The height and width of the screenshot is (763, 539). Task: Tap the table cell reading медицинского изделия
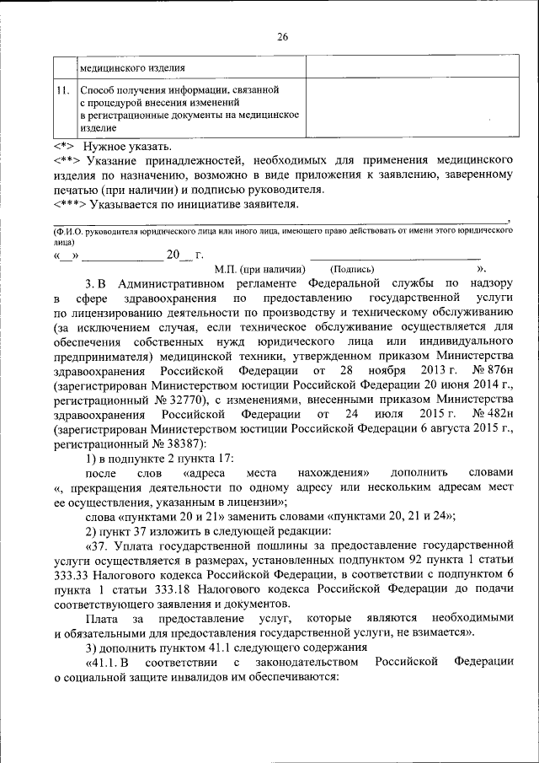click(x=133, y=67)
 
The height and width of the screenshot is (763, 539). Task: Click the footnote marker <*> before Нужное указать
click(x=62, y=147)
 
